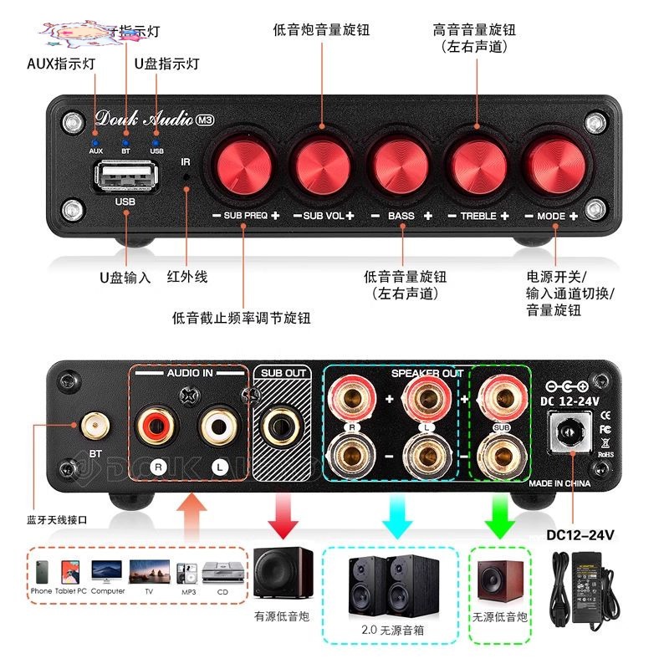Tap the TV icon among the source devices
(x=149, y=575)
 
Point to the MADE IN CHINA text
(x=559, y=484)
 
